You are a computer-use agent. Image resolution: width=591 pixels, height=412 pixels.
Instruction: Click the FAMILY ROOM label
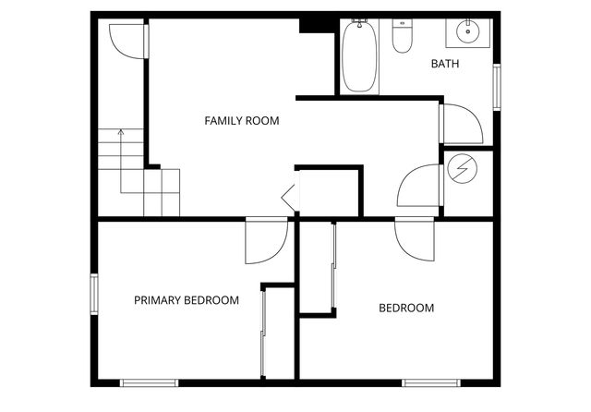pyautogui.click(x=241, y=120)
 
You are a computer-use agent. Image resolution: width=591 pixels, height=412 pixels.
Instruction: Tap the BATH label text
pyautogui.click(x=445, y=64)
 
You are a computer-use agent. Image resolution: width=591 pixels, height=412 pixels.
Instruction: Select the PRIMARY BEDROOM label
pyautogui.click(x=187, y=300)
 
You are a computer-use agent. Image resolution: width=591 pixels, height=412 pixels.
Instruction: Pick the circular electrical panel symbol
pyautogui.click(x=460, y=169)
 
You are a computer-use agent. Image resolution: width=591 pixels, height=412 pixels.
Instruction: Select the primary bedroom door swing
pyautogui.click(x=266, y=242)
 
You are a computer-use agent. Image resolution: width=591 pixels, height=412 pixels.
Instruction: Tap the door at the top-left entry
pyautogui.click(x=127, y=41)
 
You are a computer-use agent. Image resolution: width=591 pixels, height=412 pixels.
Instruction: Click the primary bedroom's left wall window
pyautogui.click(x=94, y=294)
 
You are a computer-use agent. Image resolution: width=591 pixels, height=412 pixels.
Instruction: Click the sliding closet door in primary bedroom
pyautogui.click(x=263, y=333)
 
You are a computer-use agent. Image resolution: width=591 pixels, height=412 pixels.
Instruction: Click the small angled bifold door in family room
pyautogui.click(x=288, y=196)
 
